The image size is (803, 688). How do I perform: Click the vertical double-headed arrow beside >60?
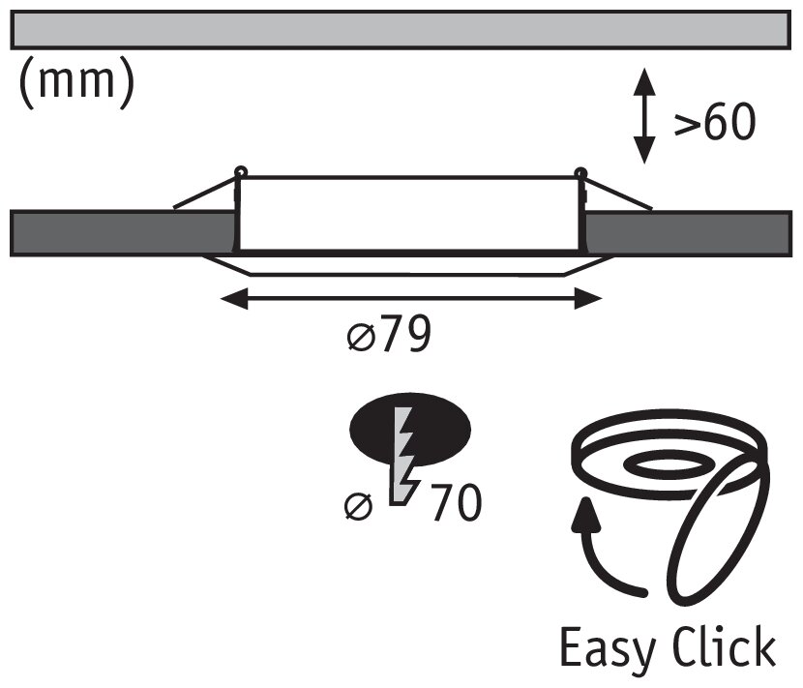point(643,115)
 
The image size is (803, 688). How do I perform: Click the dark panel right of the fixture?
point(687,232)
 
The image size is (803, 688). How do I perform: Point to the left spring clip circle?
point(240,173)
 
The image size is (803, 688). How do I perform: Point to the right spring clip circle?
point(580,173)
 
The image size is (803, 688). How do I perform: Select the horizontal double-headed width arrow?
point(410,299)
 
